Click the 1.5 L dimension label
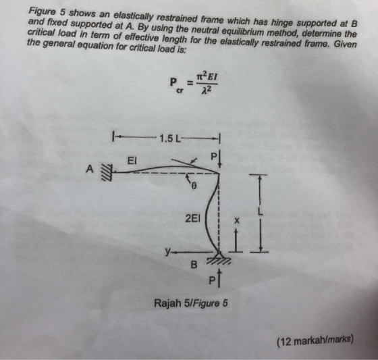pos(170,138)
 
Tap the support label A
pos(90,169)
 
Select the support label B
pos(194,265)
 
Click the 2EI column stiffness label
pos(193,219)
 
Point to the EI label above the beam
pos(132,161)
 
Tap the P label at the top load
pos(213,157)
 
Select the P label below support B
pos(212,281)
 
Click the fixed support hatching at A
pos(107,172)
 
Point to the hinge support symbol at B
pos(219,257)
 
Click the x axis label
pos(237,221)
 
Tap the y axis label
pos(167,251)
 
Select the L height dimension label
pos(260,212)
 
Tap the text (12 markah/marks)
pos(315,341)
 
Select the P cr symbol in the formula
pos(176,85)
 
